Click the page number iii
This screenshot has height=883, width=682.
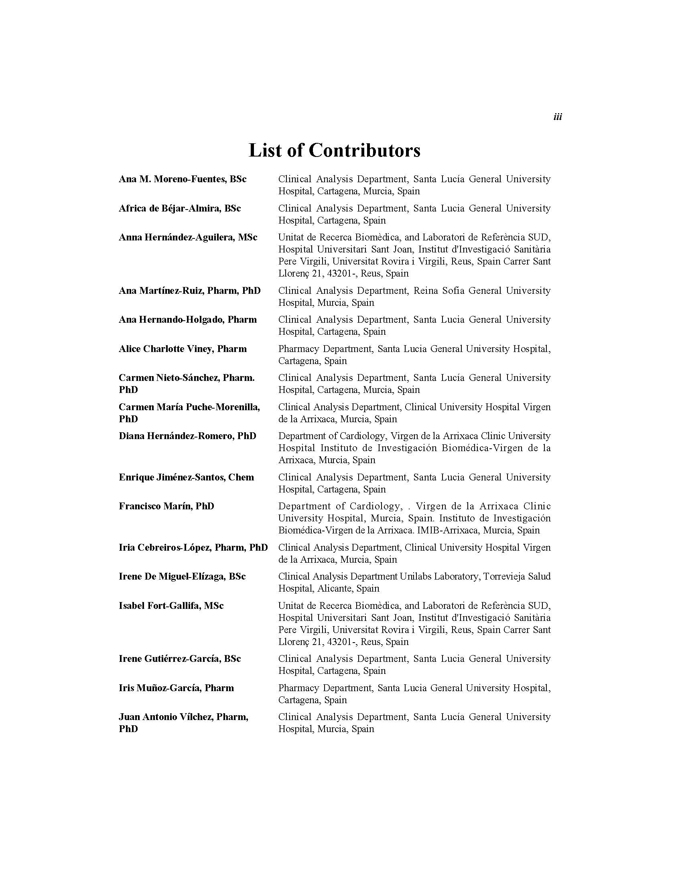pyautogui.click(x=558, y=117)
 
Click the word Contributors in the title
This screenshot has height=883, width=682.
pyautogui.click(x=364, y=151)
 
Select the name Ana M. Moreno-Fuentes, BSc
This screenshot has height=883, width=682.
pyautogui.click(x=183, y=179)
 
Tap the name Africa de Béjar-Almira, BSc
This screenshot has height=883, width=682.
pyautogui.click(x=180, y=209)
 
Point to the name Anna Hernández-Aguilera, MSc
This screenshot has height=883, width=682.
pyautogui.click(x=188, y=237)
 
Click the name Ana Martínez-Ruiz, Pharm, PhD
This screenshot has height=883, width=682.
pyautogui.click(x=189, y=291)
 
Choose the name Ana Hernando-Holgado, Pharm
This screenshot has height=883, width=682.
pyautogui.click(x=188, y=320)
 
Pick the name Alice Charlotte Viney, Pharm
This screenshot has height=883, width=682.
pyautogui.click(x=183, y=349)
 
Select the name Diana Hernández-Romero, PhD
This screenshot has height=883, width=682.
pyautogui.click(x=187, y=436)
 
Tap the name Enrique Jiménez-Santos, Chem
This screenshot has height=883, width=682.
pyautogui.click(x=186, y=478)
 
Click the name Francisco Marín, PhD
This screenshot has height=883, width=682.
pyautogui.click(x=166, y=507)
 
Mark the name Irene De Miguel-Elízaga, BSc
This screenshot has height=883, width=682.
pyautogui.click(x=182, y=577)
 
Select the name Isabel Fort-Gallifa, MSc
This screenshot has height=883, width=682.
pyautogui.click(x=171, y=606)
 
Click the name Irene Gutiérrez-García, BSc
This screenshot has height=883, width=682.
pyautogui.click(x=180, y=659)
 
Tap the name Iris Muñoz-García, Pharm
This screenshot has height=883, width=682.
pyautogui.click(x=176, y=688)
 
